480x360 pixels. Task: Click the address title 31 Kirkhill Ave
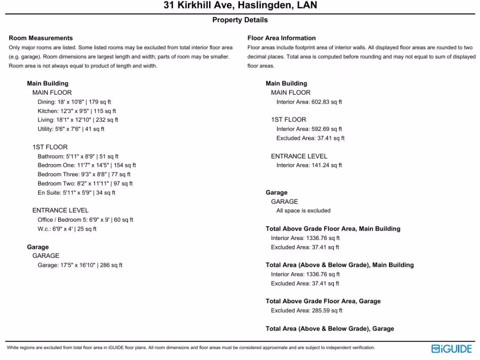[240, 6]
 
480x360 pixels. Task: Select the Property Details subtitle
[240, 20]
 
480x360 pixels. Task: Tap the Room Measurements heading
[41, 38]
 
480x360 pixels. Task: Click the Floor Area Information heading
[281, 38]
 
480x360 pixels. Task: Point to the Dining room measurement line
[74, 102]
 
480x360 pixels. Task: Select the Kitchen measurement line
[77, 111]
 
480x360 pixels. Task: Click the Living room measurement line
[78, 120]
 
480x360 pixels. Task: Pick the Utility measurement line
[71, 129]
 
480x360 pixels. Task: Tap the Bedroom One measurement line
[87, 165]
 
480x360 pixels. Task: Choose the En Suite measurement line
[76, 193]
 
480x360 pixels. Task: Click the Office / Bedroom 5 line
[85, 220]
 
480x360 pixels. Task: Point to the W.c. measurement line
[67, 229]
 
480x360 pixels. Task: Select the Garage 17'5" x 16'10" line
[80, 265]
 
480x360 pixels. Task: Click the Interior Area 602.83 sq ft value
[309, 102]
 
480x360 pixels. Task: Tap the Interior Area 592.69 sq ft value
[309, 129]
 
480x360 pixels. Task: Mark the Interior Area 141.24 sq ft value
[309, 165]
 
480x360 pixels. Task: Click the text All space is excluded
[303, 211]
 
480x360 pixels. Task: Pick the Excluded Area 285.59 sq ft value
[307, 311]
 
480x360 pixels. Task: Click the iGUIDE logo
[451, 349]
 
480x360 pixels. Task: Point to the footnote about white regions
[191, 348]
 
